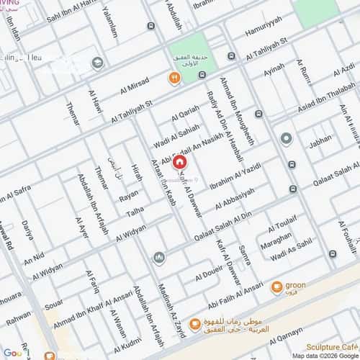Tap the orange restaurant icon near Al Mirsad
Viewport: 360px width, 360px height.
pyautogui.click(x=174, y=78)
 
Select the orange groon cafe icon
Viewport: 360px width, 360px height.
pyautogui.click(x=276, y=287)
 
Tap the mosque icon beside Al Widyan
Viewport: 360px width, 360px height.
pyautogui.click(x=158, y=258)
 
